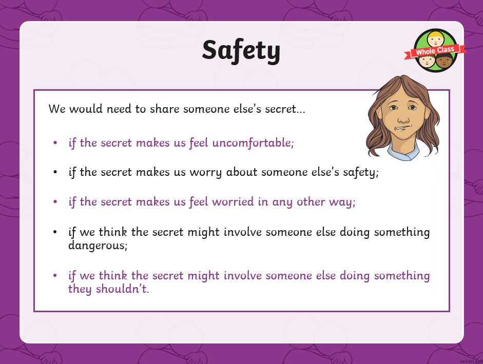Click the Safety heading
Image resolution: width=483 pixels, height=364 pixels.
241,51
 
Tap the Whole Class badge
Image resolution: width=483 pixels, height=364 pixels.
435,51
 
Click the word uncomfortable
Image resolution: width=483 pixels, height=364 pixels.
253,143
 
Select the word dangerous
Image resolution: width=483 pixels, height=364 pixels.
98,246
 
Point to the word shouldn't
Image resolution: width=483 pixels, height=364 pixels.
122,289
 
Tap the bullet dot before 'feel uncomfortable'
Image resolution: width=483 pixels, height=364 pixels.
55,143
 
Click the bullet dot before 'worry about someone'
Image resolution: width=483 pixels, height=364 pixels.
55,172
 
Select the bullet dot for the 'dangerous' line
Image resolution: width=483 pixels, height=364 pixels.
55,232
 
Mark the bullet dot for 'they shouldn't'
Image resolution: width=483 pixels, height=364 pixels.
55,275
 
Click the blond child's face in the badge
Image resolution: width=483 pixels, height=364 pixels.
435,39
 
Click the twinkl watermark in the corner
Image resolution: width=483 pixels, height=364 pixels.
471,361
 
